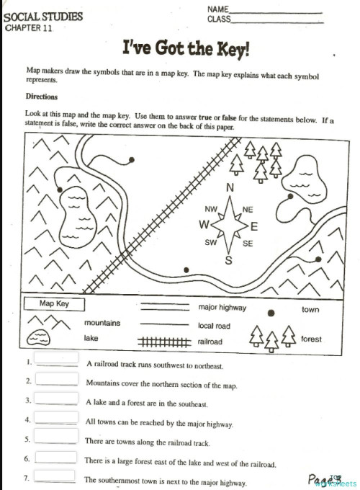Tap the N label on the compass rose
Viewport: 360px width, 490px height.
pos(230,188)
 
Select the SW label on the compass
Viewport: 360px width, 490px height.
pos(210,243)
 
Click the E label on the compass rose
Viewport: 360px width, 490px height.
pos(253,226)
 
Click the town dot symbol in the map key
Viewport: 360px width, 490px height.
pos(271,313)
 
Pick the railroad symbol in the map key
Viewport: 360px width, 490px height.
pos(163,342)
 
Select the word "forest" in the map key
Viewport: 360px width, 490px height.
pos(311,339)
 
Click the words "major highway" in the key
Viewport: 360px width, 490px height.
pos(222,308)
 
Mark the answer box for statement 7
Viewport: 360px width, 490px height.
pos(56,476)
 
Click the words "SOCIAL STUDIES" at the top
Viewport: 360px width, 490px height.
pos(42,17)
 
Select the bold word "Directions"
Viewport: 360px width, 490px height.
pos(42,96)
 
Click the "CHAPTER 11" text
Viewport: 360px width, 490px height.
pos(29,29)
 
